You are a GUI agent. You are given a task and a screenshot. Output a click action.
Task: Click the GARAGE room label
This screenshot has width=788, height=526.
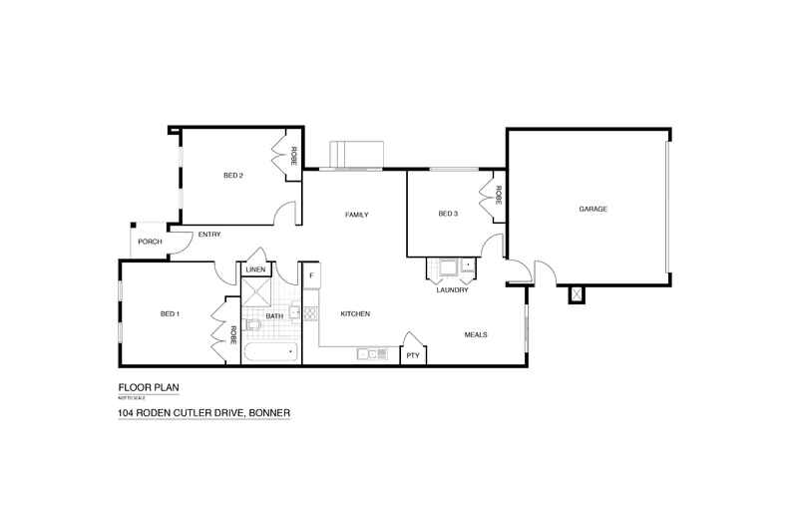point(593,209)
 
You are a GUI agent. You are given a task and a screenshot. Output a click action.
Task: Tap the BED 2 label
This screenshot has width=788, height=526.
point(233,176)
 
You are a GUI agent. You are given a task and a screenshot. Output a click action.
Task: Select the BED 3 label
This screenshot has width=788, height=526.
point(448,214)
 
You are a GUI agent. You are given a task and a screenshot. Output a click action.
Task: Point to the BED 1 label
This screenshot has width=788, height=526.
point(170,314)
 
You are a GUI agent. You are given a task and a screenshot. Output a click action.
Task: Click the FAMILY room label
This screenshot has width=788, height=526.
point(357,215)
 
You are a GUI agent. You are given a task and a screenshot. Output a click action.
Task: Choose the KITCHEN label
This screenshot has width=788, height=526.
point(355,314)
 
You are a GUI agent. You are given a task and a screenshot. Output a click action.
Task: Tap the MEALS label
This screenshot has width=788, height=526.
point(476,334)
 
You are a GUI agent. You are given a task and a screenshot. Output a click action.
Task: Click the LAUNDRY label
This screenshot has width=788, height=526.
point(452,290)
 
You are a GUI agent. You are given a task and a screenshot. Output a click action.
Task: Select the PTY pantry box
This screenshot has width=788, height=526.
point(411,355)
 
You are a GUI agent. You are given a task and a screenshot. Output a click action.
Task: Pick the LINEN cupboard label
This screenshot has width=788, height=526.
point(255,269)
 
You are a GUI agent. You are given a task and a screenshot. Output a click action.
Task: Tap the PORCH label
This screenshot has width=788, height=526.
point(150,242)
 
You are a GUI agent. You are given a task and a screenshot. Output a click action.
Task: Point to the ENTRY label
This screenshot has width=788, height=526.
point(209,235)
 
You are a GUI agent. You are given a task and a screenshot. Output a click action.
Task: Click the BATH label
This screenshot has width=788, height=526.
point(274,316)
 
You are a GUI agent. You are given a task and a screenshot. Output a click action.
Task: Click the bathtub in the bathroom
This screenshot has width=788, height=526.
point(269,352)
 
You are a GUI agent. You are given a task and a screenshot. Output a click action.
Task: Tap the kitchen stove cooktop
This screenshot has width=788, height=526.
point(310,313)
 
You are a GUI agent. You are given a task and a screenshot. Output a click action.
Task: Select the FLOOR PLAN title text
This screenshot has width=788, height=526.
point(149,387)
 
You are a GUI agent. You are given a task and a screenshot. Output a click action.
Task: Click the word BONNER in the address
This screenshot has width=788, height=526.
point(269,412)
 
